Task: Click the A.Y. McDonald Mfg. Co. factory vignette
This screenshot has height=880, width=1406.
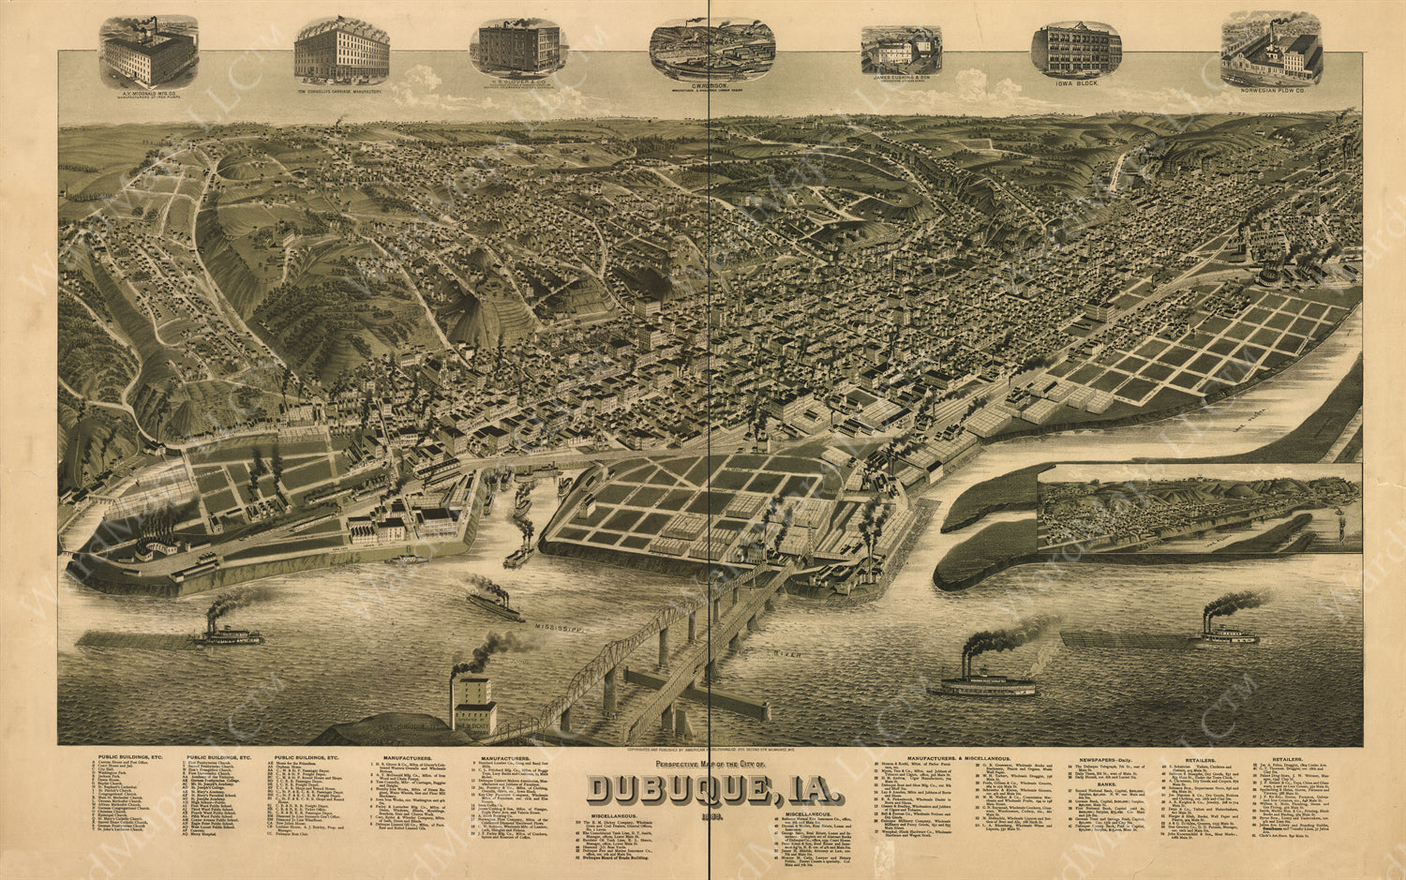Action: [x=148, y=52]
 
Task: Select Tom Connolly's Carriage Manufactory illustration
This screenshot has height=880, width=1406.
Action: [x=341, y=49]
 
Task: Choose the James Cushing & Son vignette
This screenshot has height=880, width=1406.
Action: [x=901, y=51]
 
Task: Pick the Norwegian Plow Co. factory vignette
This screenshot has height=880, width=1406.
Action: [x=1271, y=49]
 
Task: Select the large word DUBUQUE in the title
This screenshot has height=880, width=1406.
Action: [x=681, y=789]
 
